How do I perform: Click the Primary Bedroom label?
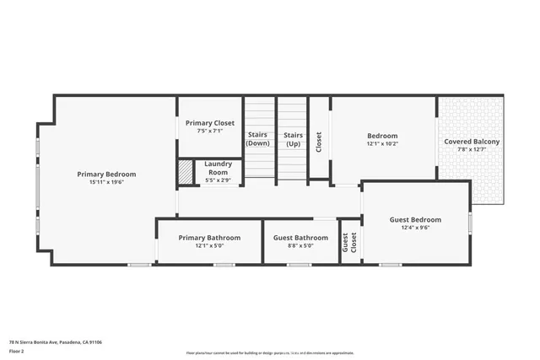[106, 175]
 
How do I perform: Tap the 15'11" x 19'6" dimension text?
[106, 182]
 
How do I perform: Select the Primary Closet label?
[210, 123]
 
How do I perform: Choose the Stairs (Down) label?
[258, 139]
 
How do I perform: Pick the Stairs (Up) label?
[293, 139]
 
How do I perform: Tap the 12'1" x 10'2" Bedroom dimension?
[382, 143]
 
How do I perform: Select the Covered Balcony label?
[472, 142]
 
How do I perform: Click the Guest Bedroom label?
[415, 220]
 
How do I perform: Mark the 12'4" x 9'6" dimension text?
[415, 228]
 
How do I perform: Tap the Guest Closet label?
[349, 243]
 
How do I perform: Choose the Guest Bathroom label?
[300, 238]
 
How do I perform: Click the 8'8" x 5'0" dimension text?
[300, 246]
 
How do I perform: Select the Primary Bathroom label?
[209, 238]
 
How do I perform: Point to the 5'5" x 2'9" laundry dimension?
[219, 180]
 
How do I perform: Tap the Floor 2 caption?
[17, 351]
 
